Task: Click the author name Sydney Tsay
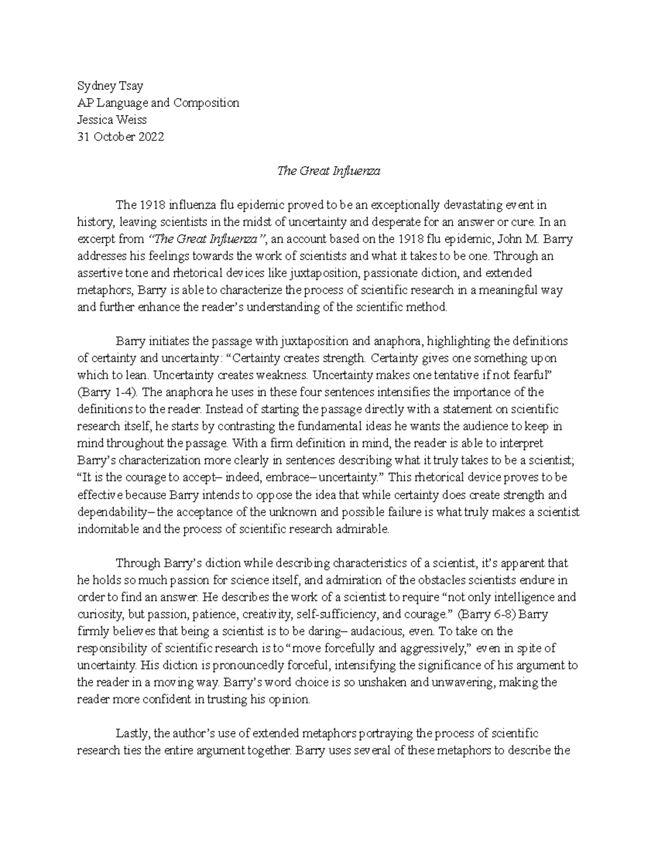110,85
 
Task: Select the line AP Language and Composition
158,102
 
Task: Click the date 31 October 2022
120,137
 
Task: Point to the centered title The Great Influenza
328,171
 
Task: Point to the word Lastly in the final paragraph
133,734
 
